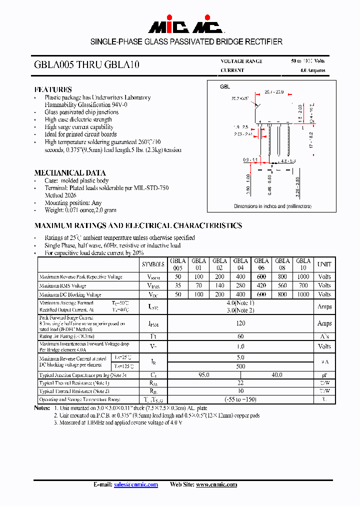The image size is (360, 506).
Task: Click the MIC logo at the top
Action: tap(179, 26)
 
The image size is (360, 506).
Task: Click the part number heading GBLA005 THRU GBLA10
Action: tap(86, 65)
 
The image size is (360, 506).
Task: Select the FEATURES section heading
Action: tap(53, 89)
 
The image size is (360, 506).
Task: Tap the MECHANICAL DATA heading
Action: tap(69, 173)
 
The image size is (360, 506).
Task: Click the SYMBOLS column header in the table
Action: tap(153, 264)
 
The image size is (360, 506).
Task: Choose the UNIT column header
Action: tap(324, 264)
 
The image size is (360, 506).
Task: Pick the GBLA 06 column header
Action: tap(261, 264)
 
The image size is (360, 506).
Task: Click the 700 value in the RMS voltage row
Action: tap(303, 285)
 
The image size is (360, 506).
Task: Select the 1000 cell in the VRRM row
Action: tap(303, 276)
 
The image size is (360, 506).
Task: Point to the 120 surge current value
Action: tap(240, 323)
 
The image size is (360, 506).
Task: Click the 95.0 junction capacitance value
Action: tap(203, 374)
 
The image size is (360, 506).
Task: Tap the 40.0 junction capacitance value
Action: tap(276, 374)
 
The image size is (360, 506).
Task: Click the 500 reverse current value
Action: tap(240, 365)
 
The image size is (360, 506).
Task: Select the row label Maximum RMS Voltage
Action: tap(63, 286)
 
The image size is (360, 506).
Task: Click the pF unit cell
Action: tap(324, 374)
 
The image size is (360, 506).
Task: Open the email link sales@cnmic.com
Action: tap(135, 484)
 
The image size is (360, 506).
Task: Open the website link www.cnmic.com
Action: tap(216, 484)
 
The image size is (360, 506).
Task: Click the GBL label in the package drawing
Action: tap(225, 86)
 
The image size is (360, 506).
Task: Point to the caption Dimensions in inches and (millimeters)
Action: tap(272, 206)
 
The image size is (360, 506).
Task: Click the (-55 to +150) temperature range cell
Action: tap(240, 399)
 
